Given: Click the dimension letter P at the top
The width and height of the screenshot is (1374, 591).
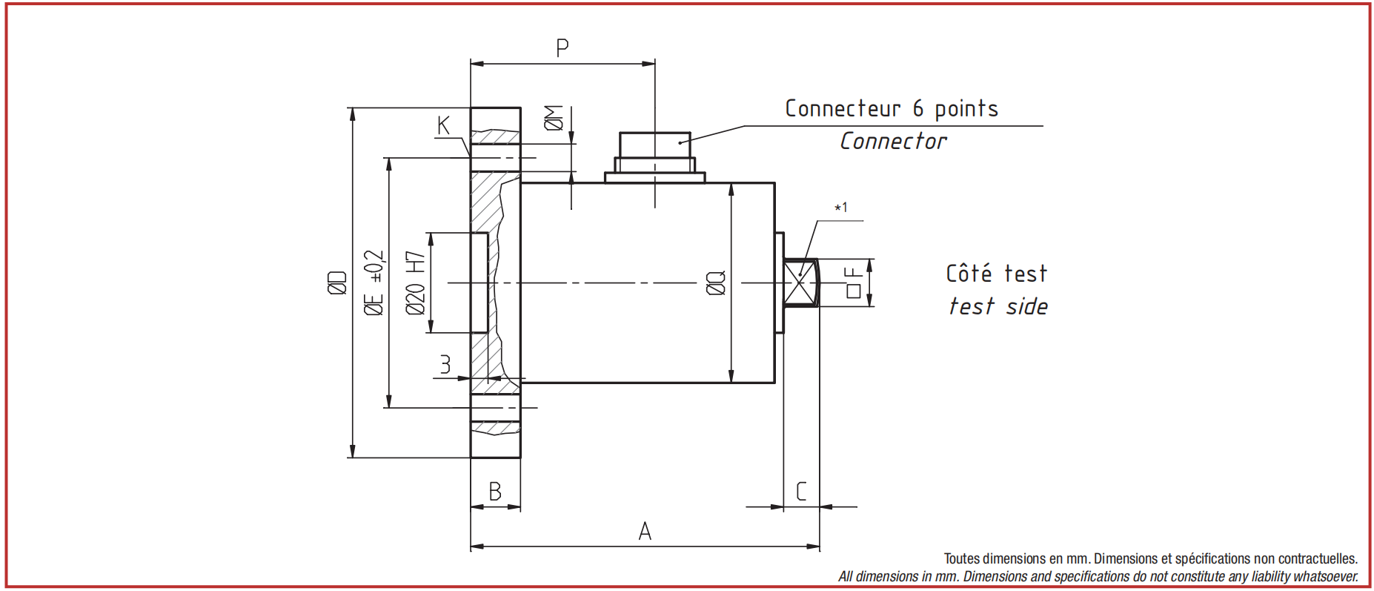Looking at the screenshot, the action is coord(562,48).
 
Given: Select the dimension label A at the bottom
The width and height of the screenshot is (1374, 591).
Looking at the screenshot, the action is coord(645,531).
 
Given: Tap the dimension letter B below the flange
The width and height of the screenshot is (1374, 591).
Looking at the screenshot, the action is coord(495,492).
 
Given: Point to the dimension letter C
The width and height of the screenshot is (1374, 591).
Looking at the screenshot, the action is coord(801,492).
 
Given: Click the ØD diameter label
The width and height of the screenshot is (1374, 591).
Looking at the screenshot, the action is coord(337,283).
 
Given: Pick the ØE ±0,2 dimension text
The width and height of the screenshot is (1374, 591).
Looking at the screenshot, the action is coord(374,283).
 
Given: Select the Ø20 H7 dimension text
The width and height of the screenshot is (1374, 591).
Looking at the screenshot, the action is coord(416,283).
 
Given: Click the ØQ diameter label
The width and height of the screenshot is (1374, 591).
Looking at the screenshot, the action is coord(716,283).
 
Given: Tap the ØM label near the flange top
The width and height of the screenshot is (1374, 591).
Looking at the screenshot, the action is coord(554,118).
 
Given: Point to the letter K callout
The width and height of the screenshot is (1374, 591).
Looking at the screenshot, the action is coord(443,125).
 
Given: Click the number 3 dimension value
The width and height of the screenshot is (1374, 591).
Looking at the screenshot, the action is coord(445,364).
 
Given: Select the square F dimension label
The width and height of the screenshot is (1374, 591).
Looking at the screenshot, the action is coord(854,283).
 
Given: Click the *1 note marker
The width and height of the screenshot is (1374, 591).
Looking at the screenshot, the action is coord(841,208).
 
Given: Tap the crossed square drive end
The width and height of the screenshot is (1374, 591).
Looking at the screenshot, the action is coord(801,283).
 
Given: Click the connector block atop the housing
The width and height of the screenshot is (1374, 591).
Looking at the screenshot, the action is coord(655,157).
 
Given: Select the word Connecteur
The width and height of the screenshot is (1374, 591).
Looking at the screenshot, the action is coord(843,108).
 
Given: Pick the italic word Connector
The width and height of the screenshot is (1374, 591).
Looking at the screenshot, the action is coord(893,141).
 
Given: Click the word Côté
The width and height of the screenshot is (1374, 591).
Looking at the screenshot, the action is coord(969,273).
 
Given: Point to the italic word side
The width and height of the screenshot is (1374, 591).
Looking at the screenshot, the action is coord(1027,306).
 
